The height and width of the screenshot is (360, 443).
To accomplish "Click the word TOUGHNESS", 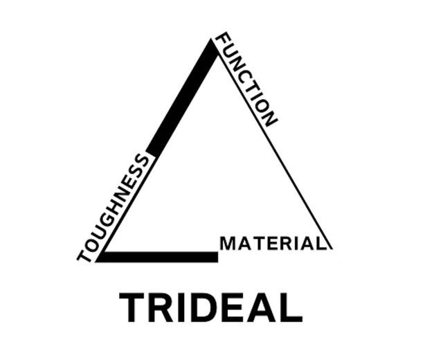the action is click(x=112, y=208).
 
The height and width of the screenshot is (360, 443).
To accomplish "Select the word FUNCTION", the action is click(x=246, y=80).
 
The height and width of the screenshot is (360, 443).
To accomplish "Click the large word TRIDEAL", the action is click(x=210, y=307).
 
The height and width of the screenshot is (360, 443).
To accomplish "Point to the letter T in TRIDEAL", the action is click(x=132, y=307).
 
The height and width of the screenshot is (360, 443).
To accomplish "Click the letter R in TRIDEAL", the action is click(x=161, y=307).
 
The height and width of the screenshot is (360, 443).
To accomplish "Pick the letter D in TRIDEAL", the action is click(x=203, y=307).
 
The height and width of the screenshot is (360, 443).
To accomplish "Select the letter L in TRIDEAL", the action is click(x=291, y=307).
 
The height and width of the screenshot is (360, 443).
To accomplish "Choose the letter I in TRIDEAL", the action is click(x=182, y=307).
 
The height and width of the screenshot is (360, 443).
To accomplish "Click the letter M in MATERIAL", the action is click(x=227, y=244).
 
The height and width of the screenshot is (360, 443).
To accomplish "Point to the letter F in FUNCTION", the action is click(x=222, y=42).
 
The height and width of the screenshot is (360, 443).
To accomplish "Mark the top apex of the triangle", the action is click(x=211, y=39).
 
